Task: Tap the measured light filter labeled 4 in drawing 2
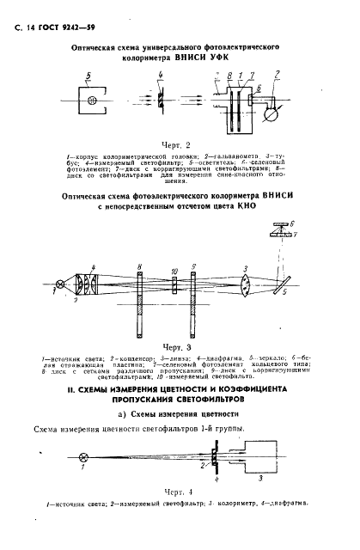[160, 101]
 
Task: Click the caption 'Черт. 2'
[180, 145]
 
